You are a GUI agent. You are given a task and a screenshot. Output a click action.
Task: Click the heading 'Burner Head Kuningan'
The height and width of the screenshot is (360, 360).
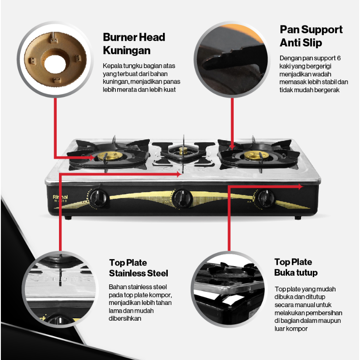tap(134, 44)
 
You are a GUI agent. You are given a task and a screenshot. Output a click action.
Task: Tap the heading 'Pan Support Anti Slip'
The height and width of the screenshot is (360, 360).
tap(311, 36)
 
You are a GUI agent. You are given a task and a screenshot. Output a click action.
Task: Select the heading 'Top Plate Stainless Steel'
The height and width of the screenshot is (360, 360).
tap(138, 268)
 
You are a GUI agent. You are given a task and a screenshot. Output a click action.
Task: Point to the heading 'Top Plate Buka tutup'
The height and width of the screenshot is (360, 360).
tap(296, 267)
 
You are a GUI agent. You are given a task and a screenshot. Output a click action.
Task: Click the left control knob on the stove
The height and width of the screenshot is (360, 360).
tap(99, 198)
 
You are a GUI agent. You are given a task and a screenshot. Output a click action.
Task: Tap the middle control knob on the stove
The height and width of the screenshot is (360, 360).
tap(182, 198)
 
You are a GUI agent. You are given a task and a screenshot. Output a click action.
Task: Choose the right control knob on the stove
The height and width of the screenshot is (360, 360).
tap(266, 198)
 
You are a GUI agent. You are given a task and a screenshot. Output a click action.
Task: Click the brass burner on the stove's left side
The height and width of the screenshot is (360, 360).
tap(106, 156)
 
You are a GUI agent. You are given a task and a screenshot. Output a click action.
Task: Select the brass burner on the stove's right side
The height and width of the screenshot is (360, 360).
tap(256, 156)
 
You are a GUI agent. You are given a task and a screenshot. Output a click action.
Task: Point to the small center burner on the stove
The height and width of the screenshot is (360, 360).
tap(183, 151)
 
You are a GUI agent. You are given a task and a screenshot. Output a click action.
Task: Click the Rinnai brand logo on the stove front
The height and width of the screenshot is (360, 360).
tap(60, 197)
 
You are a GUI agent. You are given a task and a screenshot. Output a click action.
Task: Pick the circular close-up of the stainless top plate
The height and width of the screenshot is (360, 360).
tap(60, 289)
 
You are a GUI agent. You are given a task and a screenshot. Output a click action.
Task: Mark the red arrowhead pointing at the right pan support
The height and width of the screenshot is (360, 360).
tap(232, 147)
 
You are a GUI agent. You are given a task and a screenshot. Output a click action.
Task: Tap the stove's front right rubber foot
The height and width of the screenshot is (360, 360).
tap(298, 218)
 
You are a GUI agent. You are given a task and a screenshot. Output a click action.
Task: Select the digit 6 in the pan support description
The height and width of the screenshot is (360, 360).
tap(339, 58)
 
